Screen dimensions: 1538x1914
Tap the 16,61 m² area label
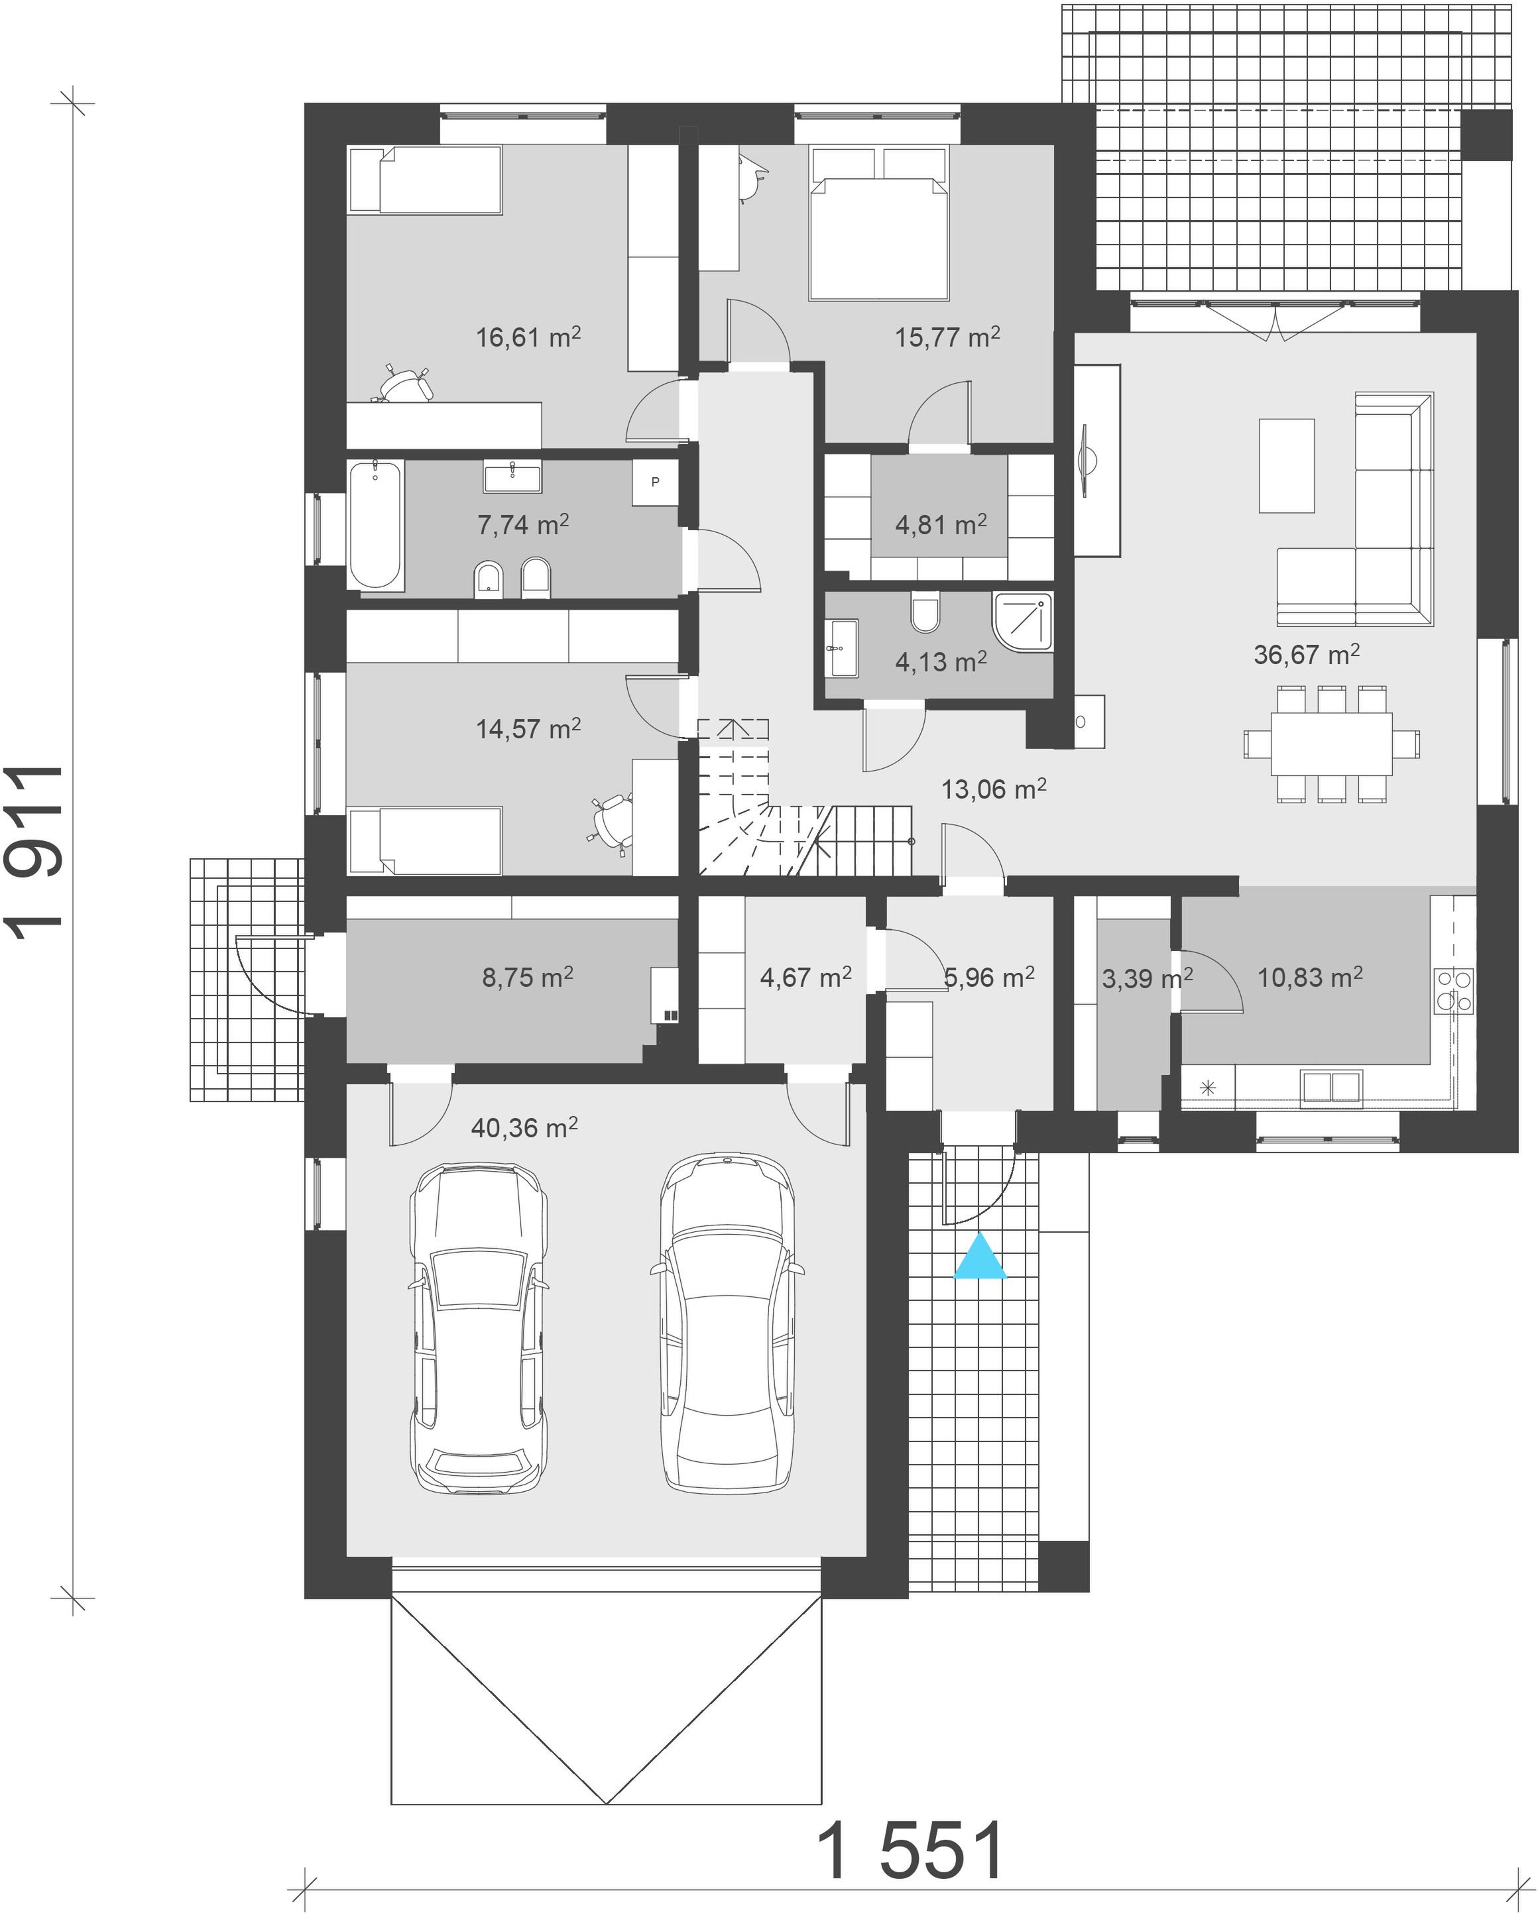click(528, 337)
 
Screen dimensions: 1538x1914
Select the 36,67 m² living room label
click(1306, 654)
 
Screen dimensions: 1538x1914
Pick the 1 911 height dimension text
click(36, 847)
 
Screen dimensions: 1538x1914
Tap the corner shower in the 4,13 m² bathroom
click(1022, 622)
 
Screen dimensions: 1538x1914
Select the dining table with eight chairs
click(1331, 744)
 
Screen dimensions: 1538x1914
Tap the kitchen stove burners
click(1454, 991)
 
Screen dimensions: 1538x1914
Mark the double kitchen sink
click(1331, 1088)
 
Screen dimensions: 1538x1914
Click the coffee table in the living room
click(1287, 465)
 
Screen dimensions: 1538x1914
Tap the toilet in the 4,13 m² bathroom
click(925, 612)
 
